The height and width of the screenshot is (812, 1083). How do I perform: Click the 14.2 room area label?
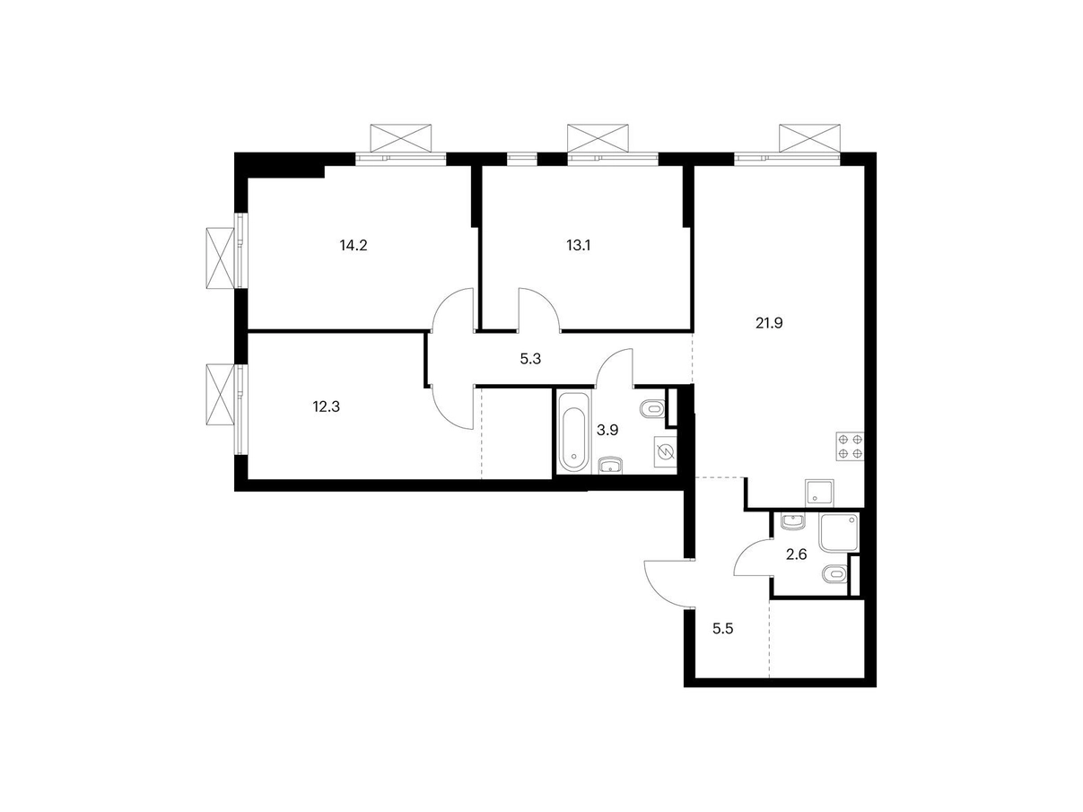click(354, 245)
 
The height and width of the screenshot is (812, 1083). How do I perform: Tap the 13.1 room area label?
click(578, 245)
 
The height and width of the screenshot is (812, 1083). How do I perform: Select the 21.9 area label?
click(769, 323)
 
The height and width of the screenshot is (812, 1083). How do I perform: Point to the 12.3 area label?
click(326, 407)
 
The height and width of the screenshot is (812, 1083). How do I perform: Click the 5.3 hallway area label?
click(530, 359)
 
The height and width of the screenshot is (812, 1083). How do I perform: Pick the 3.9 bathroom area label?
click(607, 430)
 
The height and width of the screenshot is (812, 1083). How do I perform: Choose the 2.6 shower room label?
click(797, 554)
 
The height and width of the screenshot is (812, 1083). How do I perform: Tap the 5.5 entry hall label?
click(723, 628)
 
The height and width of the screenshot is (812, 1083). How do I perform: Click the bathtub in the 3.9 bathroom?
click(573, 432)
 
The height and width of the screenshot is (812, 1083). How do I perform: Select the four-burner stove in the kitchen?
click(850, 446)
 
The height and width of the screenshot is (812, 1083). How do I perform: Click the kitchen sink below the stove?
click(819, 493)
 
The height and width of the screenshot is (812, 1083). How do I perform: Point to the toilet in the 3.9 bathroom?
click(652, 409)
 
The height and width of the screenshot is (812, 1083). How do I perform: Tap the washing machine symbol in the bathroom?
click(665, 451)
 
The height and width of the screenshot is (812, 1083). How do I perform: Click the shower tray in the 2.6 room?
click(839, 532)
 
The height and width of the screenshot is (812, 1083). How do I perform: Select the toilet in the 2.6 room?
click(834, 573)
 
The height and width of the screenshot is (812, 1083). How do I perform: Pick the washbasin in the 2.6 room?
click(793, 521)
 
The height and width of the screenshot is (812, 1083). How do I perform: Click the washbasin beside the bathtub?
click(611, 465)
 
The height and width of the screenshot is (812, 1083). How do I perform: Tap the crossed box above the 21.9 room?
click(809, 137)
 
